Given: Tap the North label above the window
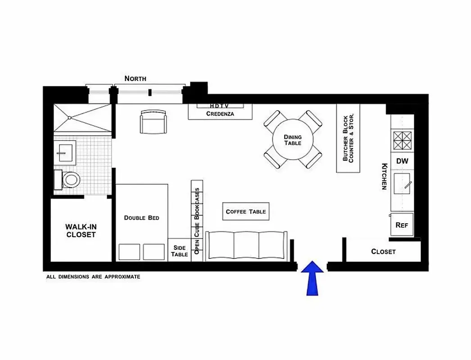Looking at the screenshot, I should tap(135, 78).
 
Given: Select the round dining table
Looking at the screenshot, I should tap(293, 140).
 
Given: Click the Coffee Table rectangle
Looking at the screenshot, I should tap(246, 211).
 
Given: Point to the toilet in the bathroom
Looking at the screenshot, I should tap(70, 180).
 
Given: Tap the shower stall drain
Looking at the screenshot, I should tap(70, 118).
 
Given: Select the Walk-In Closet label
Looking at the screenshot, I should tap(81, 230).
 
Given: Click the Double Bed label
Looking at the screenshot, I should tap(141, 218).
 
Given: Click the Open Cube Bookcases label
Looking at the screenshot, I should tap(197, 221).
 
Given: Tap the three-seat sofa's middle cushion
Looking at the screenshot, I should tap(246, 246).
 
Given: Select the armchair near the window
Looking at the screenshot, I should tap(153, 122).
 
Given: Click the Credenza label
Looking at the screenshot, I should tap(220, 114).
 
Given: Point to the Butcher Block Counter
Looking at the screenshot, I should tap(349, 138).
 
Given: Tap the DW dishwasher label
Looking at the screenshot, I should tap(402, 161).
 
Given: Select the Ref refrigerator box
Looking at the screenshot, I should tap(401, 225).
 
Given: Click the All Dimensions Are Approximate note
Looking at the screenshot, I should tap(93, 277).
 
